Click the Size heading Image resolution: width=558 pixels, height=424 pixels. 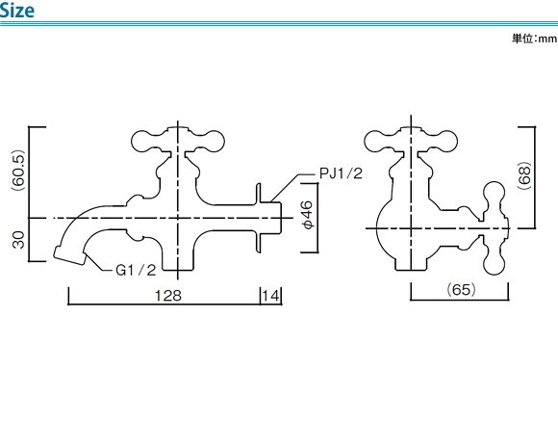(17, 10)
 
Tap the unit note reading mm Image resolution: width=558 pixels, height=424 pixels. (547, 39)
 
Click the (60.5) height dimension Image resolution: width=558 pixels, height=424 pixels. (18, 171)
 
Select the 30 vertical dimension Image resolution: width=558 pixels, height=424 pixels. (18, 240)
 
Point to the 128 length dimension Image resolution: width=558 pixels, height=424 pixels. (168, 296)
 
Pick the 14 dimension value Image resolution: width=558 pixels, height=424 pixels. (270, 296)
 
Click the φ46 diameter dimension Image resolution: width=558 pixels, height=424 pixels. (307, 215)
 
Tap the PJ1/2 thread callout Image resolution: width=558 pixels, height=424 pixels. (341, 173)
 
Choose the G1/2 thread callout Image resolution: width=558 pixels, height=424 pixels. (136, 270)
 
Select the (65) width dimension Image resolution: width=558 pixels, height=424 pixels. (461, 289)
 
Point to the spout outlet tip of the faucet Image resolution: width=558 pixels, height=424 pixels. (69, 255)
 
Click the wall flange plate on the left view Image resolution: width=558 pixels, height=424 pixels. (259, 218)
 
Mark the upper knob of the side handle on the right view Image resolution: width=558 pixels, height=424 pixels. (494, 193)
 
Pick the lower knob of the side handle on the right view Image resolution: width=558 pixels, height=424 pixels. (494, 263)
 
